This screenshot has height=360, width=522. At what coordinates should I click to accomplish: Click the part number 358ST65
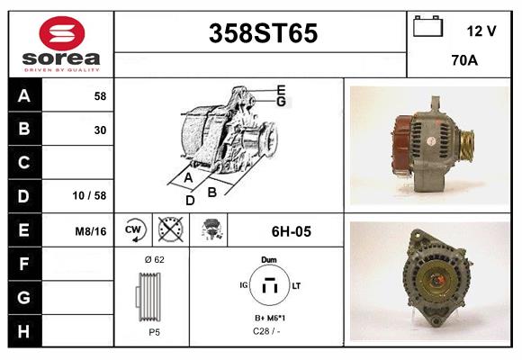pyautogui.click(x=263, y=34)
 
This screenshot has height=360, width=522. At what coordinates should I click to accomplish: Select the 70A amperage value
pyautogui.click(x=463, y=61)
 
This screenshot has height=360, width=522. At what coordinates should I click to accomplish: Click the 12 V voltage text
pyautogui.click(x=481, y=31)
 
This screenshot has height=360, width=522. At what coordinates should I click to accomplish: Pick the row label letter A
pyautogui.click(x=24, y=95)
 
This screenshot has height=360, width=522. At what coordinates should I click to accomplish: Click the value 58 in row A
pyautogui.click(x=100, y=95)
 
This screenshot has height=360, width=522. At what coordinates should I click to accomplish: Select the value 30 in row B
pyautogui.click(x=100, y=130)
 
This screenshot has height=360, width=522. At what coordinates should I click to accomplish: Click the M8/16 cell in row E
pyautogui.click(x=91, y=231)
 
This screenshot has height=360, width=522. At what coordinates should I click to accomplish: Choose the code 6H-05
pyautogui.click(x=291, y=231)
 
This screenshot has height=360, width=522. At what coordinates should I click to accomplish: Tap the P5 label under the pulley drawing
pyautogui.click(x=154, y=331)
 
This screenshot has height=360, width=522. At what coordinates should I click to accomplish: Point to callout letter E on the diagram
pyautogui.click(x=281, y=89)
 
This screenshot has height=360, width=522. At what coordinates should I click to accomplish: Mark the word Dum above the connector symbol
pyautogui.click(x=268, y=259)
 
